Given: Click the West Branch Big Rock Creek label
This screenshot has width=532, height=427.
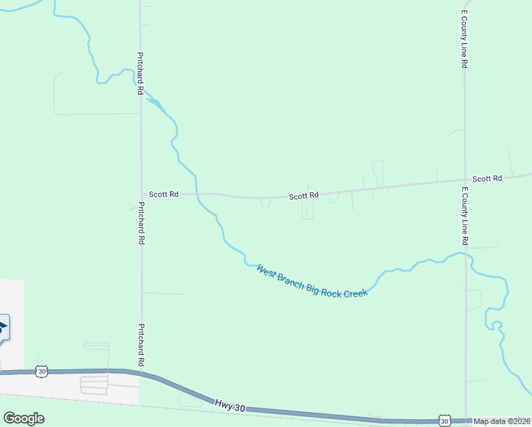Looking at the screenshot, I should (x=312, y=280).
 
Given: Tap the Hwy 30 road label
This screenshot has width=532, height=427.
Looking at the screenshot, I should (x=230, y=406).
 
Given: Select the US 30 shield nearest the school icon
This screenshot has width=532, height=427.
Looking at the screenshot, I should (x=43, y=371).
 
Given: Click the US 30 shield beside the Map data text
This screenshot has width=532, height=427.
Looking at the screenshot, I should (x=445, y=421).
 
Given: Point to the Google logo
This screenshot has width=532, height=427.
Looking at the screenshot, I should (x=23, y=418).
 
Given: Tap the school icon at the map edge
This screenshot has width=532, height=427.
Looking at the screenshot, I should (x=3, y=328).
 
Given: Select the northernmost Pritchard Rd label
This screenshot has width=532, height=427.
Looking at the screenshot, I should (x=141, y=73).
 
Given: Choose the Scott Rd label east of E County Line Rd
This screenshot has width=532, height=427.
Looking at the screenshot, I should (x=487, y=178).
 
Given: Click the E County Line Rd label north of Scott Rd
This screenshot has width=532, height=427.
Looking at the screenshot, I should (x=464, y=39).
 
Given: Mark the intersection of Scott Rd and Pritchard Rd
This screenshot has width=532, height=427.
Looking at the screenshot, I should (x=141, y=194).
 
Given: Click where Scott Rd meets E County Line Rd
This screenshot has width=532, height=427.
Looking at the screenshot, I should (x=464, y=180).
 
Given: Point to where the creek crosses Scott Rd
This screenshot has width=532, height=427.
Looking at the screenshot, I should (x=196, y=194).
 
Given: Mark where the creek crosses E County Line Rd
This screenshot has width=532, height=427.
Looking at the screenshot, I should (x=465, y=254).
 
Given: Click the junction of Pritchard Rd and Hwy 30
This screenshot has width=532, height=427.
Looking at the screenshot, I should (x=142, y=371).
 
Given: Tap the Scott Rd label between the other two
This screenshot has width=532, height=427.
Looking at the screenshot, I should (x=304, y=195).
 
